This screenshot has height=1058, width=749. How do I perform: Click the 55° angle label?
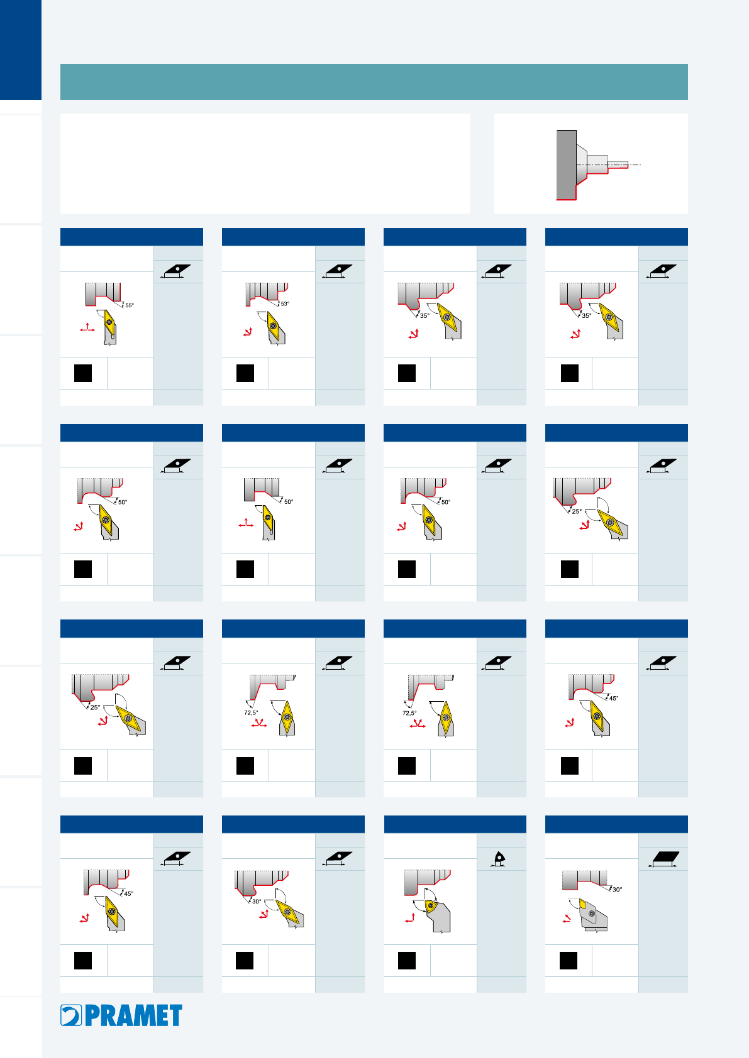point(130,305)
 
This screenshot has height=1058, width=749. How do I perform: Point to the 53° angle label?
point(285,303)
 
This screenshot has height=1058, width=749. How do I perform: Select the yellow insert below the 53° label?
point(273,325)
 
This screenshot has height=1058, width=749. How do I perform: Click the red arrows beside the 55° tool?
point(87,328)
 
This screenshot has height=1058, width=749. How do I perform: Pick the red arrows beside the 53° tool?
point(248,332)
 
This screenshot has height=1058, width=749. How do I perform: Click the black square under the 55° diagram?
point(83,373)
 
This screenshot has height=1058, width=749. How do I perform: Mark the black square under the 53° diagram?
point(245,373)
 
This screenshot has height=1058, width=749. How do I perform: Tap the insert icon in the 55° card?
point(176,271)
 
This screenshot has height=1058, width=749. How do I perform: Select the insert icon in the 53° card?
point(338,271)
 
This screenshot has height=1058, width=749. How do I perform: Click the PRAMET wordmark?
point(133,1015)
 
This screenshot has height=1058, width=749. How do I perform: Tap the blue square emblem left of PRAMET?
point(71,1015)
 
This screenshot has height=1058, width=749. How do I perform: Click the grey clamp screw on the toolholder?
point(592,913)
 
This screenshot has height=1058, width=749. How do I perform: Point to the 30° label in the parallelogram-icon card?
point(617,890)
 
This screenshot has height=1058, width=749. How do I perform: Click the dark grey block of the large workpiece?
point(567,165)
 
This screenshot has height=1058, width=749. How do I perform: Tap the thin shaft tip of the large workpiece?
point(618,165)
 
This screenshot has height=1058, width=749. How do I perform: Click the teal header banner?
point(374,82)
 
